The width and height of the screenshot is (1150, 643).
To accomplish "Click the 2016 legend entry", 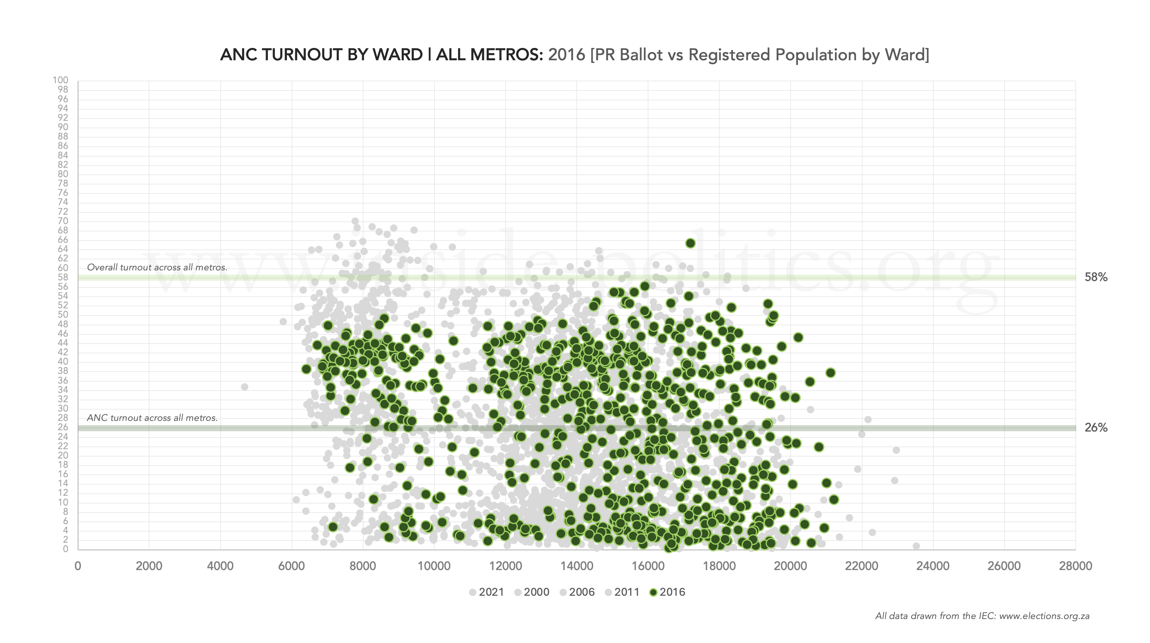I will (x=668, y=592).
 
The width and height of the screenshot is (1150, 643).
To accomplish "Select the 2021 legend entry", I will (x=487, y=592).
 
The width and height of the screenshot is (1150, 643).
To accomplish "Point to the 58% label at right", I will (x=1096, y=277).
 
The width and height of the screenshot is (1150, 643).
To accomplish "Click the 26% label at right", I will (x=1096, y=428).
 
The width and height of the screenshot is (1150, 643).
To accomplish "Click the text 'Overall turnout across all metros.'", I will (x=157, y=267).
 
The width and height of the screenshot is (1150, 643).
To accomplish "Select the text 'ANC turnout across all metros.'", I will (x=152, y=418).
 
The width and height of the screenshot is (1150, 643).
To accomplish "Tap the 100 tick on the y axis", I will (x=60, y=80).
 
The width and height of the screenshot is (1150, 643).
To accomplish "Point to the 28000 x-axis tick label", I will (x=1075, y=566).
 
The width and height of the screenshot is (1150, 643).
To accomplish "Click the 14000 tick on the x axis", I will (x=576, y=566).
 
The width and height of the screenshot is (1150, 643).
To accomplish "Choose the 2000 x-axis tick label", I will (x=149, y=566).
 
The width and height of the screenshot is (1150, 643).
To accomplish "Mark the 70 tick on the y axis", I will (x=63, y=221).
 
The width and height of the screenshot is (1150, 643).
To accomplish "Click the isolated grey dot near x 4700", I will (x=245, y=387).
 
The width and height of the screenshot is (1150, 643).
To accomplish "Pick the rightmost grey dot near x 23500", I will (x=916, y=546).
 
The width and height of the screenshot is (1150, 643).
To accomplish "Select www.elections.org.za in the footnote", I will (x=1044, y=616).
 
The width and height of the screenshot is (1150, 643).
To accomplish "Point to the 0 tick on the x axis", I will (x=78, y=566).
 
